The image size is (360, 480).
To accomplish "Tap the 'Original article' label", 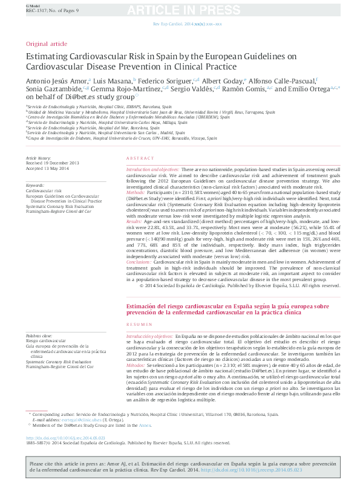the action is point(47,44).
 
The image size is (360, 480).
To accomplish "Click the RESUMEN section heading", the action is point(137,325).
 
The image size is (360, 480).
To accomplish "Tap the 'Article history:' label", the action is point(38,158).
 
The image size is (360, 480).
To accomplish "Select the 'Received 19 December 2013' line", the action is point(53,163).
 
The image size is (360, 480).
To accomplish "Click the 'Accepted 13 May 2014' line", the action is point(48,168).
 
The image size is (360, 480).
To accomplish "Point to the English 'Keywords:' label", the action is point(35,185).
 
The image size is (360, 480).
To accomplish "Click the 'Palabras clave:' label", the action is point(39,336).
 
